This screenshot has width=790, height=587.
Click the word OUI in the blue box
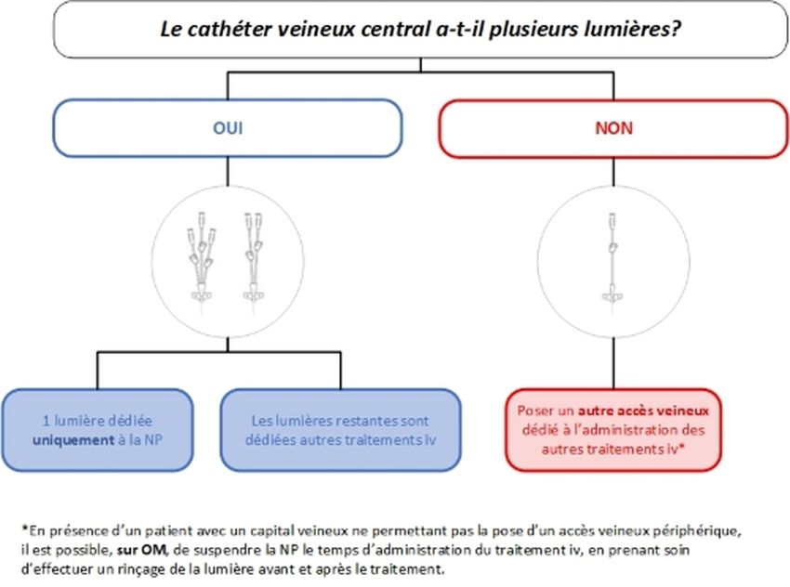pyautogui.click(x=228, y=128)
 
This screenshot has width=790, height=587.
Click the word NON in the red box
pyautogui.click(x=613, y=128)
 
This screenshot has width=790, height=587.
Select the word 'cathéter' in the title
pyautogui.click(x=230, y=29)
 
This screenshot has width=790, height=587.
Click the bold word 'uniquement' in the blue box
pyautogui.click(x=73, y=440)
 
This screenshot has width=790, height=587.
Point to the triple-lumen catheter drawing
pyautogui.click(x=202, y=262)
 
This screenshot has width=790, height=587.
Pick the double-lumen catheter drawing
pyautogui.click(x=254, y=262)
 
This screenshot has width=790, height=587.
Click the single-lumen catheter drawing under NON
pyautogui.click(x=612, y=262)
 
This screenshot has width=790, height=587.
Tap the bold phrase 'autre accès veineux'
pyautogui.click(x=643, y=411)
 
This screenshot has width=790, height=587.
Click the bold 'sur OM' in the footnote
pyautogui.click(x=141, y=550)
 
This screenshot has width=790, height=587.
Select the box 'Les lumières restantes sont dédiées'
pyautogui.click(x=340, y=430)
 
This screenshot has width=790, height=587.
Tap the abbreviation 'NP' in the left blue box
pyautogui.click(x=152, y=440)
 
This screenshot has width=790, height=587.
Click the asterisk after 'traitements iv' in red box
pyautogui.click(x=681, y=447)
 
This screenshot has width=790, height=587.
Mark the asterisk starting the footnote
pyautogui.click(x=24, y=528)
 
